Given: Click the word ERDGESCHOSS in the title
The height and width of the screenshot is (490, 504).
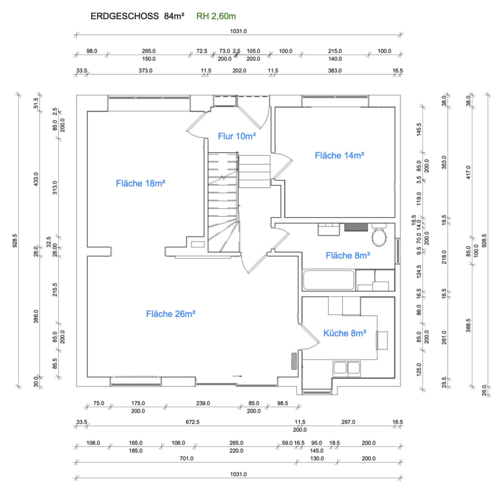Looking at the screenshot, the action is click(x=124, y=16).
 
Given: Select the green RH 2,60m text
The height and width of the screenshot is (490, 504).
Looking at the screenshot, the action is click(x=216, y=16).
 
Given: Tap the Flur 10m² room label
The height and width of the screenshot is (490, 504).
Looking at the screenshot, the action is click(x=237, y=136).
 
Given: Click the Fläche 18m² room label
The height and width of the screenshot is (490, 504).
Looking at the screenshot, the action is click(x=141, y=183).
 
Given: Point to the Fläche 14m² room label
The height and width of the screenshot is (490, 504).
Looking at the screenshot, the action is click(x=339, y=156).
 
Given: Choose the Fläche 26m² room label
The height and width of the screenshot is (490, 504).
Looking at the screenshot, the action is click(x=171, y=314).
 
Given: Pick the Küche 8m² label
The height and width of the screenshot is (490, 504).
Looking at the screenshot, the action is click(x=344, y=333).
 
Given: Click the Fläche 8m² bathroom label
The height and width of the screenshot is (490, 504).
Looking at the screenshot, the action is click(x=348, y=255).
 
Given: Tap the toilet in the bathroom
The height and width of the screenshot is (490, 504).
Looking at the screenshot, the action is click(x=379, y=235).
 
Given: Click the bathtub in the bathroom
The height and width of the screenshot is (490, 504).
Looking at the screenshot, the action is click(x=329, y=281).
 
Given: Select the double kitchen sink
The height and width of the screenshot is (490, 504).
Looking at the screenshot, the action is click(x=347, y=368).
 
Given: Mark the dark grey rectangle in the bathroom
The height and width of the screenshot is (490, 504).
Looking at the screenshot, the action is click(x=356, y=227).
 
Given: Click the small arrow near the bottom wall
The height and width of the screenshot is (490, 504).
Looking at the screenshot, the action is click(x=237, y=376).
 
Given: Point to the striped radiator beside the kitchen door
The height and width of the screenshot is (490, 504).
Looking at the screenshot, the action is click(x=294, y=361).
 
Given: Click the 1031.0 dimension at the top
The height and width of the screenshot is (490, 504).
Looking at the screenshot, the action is click(x=238, y=31).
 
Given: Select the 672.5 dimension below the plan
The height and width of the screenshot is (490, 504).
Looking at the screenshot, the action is click(x=192, y=422).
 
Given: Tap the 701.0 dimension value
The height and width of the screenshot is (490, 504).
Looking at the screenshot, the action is click(x=186, y=459).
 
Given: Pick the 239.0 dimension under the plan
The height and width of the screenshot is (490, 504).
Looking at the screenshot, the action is click(x=203, y=403).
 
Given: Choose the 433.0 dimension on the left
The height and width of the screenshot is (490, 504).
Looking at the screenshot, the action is click(x=36, y=179).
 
